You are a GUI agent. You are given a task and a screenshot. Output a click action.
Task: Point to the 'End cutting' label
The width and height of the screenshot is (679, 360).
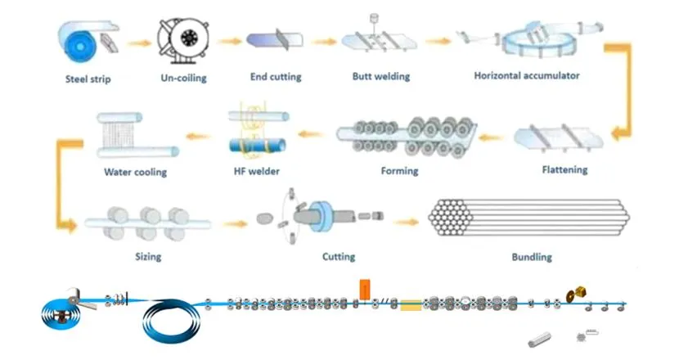pyautogui.click(x=276, y=77)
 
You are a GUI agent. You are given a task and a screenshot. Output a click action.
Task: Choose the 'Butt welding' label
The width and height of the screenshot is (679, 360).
pyautogui.click(x=380, y=77)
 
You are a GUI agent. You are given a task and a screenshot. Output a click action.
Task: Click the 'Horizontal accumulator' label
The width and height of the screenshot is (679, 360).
pyautogui.click(x=527, y=76)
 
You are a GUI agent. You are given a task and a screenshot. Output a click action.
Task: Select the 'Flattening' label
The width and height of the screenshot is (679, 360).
pyautogui.click(x=564, y=170)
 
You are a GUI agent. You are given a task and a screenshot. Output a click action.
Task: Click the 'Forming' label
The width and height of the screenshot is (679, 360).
pyautogui.click(x=399, y=171)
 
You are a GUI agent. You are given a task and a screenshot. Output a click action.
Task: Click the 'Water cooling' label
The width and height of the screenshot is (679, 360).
pyautogui.click(x=135, y=173)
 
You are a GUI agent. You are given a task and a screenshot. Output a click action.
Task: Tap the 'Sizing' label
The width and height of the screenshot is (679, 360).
pyautogui.click(x=148, y=257)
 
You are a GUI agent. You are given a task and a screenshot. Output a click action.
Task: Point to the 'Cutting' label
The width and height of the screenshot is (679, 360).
pyautogui.click(x=339, y=257)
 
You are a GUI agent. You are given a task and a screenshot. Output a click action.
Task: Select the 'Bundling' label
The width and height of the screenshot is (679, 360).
pyautogui.click(x=532, y=257)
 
